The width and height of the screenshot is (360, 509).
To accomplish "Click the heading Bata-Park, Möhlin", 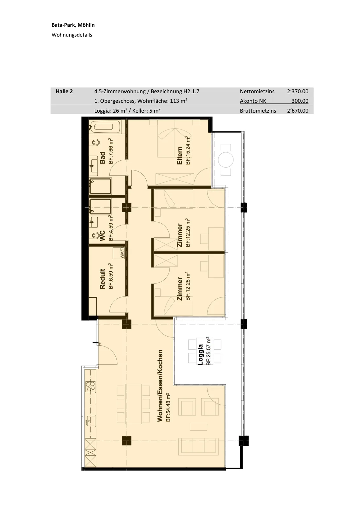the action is click(x=73, y=25).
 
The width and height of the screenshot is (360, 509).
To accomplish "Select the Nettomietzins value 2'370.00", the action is click(x=298, y=91).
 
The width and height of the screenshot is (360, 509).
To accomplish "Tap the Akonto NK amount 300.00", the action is click(x=300, y=101).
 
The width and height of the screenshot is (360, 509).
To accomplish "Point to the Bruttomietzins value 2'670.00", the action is click(x=298, y=111).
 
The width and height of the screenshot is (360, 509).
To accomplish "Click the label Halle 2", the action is click(x=64, y=91).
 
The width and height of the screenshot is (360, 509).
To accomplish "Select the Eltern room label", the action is click(x=180, y=156).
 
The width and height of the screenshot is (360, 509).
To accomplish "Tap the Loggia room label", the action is click(x=200, y=355).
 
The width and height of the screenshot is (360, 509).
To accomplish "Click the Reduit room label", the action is click(x=102, y=279).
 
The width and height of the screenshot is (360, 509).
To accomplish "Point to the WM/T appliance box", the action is click(x=119, y=253).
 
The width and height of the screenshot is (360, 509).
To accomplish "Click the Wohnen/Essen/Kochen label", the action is click(x=160, y=386).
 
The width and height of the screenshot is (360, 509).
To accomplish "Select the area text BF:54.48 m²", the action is click(x=168, y=407).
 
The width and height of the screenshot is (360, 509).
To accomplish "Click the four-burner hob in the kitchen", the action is click(x=91, y=387).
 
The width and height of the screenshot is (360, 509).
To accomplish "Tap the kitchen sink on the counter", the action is click(x=91, y=421).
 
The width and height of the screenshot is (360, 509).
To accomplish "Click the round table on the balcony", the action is click(x=225, y=160).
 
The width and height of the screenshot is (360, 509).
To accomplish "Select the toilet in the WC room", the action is click(x=96, y=235).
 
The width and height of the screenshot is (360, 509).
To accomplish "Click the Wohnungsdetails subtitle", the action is click(x=72, y=35).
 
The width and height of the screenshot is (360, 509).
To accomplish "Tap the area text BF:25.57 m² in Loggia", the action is click(x=208, y=351).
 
